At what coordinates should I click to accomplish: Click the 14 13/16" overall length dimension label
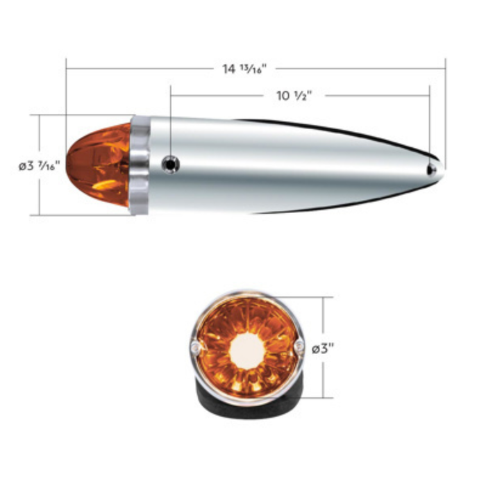(245, 68)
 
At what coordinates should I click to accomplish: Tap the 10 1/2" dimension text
(294, 96)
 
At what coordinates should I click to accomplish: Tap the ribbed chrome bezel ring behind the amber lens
(140, 165)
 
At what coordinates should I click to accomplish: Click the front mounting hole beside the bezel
(170, 165)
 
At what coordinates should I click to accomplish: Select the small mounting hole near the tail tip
(431, 169)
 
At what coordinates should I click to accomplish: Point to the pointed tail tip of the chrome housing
(442, 169)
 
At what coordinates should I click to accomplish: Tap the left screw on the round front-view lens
(194, 346)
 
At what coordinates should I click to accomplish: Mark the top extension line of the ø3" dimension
(312, 297)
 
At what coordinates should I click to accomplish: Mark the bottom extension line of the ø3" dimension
(312, 399)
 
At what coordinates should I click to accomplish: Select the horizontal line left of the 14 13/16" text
(139, 68)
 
